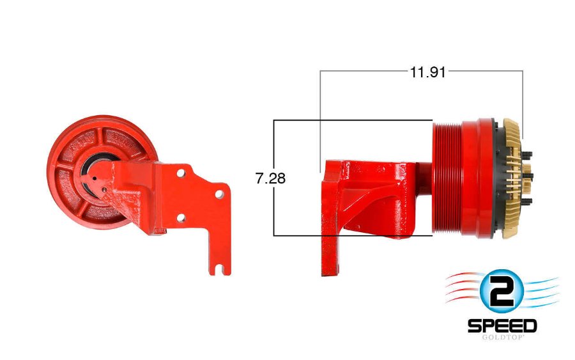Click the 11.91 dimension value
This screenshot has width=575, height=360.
427,72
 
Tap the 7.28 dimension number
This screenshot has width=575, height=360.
271,178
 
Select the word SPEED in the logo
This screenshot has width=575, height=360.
502,325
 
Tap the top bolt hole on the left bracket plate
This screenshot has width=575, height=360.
181,173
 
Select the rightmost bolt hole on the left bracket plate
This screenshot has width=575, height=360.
219,192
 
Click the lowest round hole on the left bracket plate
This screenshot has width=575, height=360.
181,219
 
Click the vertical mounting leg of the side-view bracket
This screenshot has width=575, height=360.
330,256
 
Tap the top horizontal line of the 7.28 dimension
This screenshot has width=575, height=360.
351,120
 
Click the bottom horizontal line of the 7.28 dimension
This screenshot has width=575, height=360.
351,235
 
